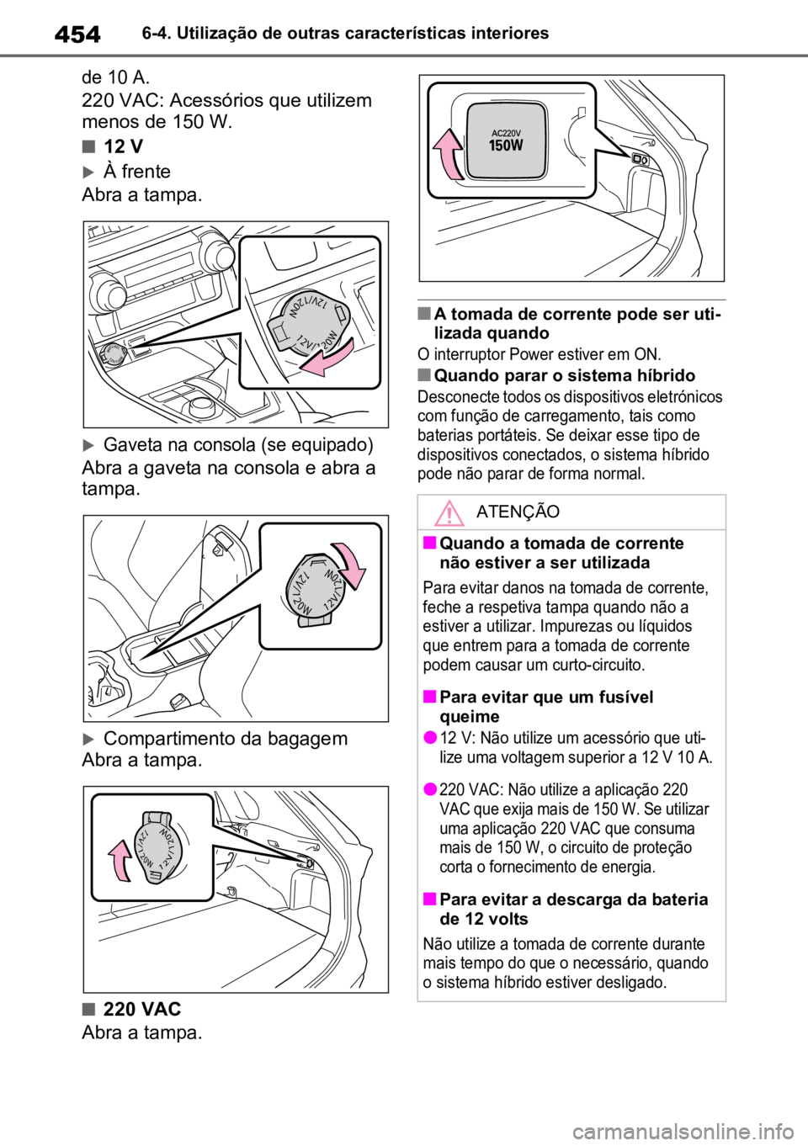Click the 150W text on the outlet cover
tap(506, 145)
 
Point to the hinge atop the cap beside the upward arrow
tap(157, 816)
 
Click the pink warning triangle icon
tap(451, 512)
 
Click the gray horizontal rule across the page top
tap(404, 56)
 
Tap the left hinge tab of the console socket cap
tap(277, 333)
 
